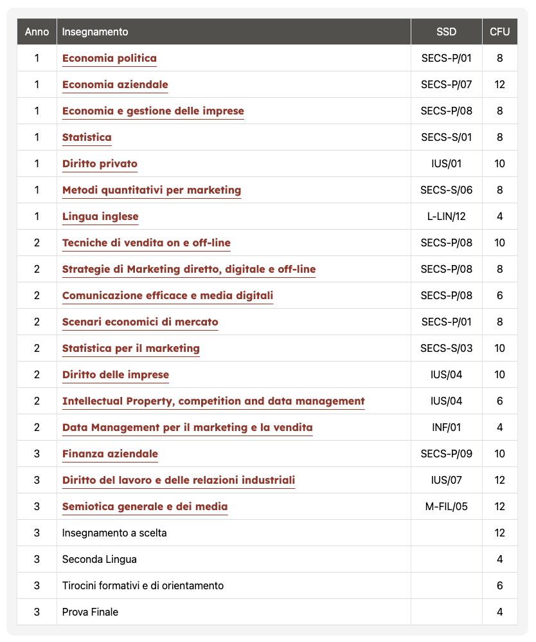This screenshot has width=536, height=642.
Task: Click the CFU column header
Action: (x=499, y=32)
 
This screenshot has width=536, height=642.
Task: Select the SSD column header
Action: (x=446, y=32)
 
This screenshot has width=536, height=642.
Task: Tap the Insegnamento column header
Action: (x=95, y=32)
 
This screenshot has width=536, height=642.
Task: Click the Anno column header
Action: (x=37, y=32)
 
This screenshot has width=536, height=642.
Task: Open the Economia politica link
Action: (x=109, y=59)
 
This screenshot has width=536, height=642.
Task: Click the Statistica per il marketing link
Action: (x=131, y=349)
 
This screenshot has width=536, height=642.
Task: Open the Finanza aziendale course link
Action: (x=110, y=454)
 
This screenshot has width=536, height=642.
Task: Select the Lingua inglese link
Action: (x=100, y=217)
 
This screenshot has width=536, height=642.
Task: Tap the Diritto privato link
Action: (x=100, y=164)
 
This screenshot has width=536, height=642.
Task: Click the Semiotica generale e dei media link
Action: (x=145, y=507)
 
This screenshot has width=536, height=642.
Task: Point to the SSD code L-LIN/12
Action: (x=446, y=217)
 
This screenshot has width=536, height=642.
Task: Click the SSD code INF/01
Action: (x=446, y=428)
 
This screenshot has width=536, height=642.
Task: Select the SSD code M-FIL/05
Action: (x=446, y=507)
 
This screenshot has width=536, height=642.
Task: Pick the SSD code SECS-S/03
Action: (x=446, y=349)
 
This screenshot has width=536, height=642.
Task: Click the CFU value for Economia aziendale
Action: (x=499, y=85)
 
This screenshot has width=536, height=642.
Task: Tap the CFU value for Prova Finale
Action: (x=499, y=612)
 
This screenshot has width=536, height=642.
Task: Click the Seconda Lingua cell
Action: (x=100, y=560)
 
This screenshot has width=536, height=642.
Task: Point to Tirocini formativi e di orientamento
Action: (x=143, y=586)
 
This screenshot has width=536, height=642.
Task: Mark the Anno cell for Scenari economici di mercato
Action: (x=37, y=322)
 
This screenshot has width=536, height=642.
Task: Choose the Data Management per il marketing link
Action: (x=188, y=428)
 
